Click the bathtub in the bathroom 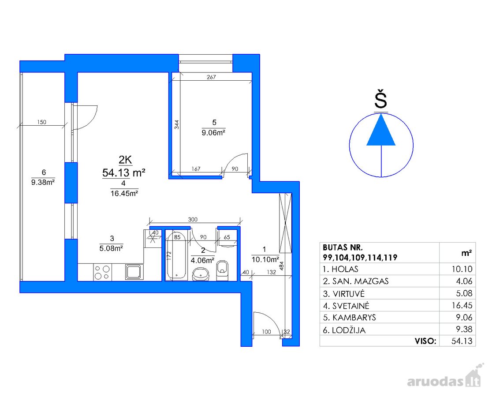click(x=177, y=256)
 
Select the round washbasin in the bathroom click(x=201, y=274)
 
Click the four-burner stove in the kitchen click(x=102, y=272)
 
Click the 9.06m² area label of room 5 click(x=213, y=133)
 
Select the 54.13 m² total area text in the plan click(x=124, y=172)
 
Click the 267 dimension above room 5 click(x=211, y=77)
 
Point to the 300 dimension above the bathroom click(x=193, y=219)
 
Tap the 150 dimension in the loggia click(x=42, y=122)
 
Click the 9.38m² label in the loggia click(x=43, y=182)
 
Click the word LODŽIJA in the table click(x=349, y=330)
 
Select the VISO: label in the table click(x=425, y=341)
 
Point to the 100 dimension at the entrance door click(x=266, y=332)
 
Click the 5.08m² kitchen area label click(x=111, y=248)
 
